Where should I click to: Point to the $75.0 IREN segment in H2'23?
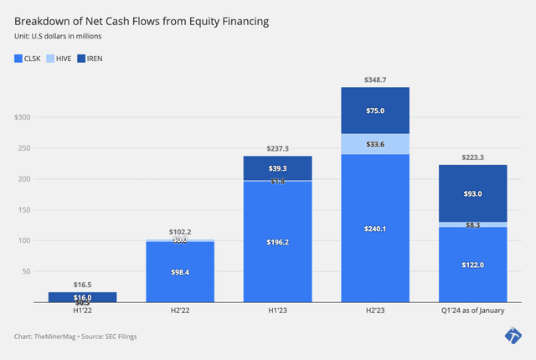pyautogui.click(x=374, y=110)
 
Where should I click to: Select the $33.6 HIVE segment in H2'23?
pyautogui.click(x=374, y=144)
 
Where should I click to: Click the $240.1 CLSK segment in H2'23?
pyautogui.click(x=374, y=228)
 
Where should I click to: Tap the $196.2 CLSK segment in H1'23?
pyautogui.click(x=277, y=242)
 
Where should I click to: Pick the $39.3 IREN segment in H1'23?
pyautogui.click(x=277, y=167)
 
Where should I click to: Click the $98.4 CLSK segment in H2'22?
pyautogui.click(x=180, y=272)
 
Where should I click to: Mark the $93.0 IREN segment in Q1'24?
pyautogui.click(x=472, y=193)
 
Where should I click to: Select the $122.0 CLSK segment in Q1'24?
pyautogui.click(x=472, y=265)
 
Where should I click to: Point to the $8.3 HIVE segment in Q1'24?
pyautogui.click(x=472, y=224)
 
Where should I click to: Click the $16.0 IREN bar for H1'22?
pyautogui.click(x=83, y=296)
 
